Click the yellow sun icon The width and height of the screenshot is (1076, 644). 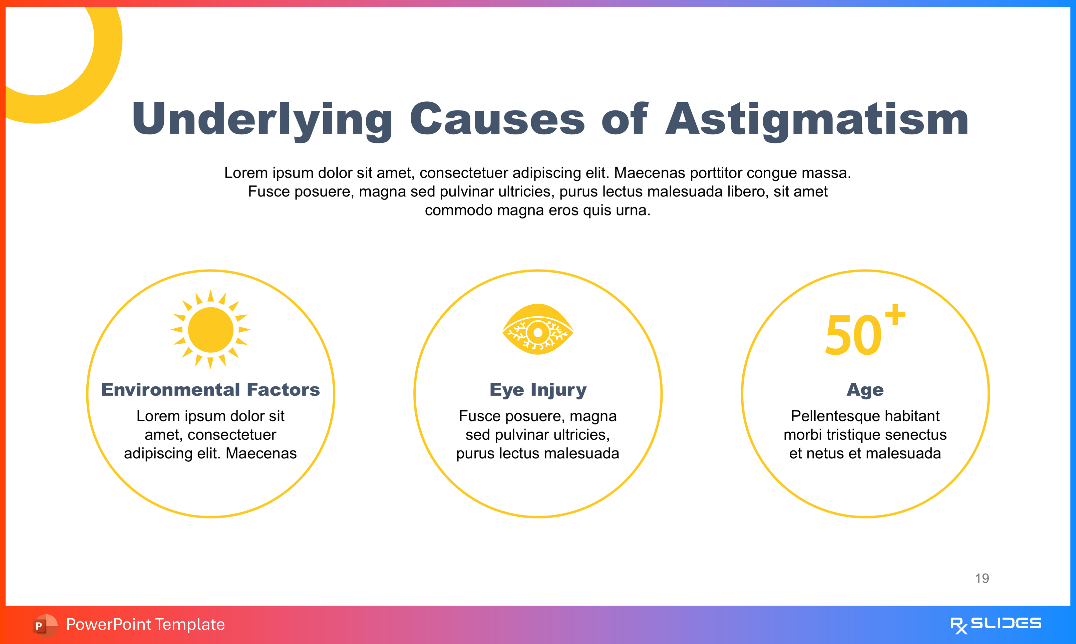[x=211, y=330]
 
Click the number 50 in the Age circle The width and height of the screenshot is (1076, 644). [x=853, y=335]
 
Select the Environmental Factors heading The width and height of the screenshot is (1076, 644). [x=211, y=390]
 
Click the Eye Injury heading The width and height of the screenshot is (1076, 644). [x=538, y=390]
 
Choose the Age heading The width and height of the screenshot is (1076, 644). [x=865, y=390]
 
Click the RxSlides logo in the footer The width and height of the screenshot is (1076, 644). [x=995, y=624]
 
